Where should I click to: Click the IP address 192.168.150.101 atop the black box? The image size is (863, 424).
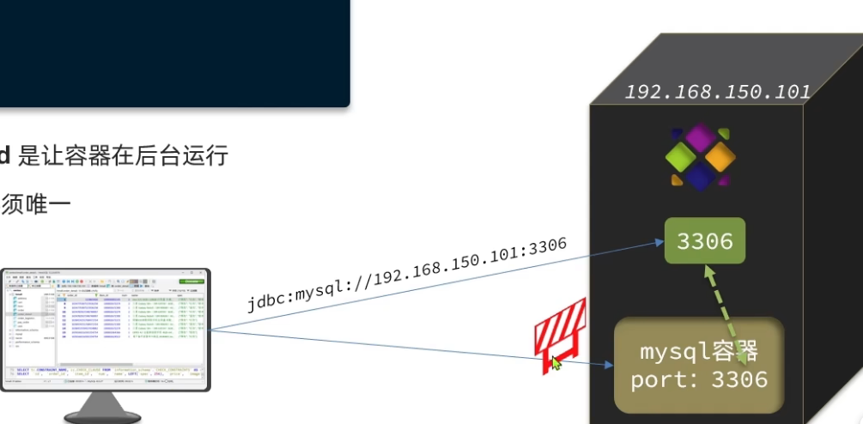[x=717, y=92]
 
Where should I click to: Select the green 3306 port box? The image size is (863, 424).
[x=704, y=241]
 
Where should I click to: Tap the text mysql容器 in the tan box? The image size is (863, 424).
[x=699, y=352]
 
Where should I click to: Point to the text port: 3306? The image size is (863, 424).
[x=699, y=379]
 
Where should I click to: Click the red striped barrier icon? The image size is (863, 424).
[x=559, y=331]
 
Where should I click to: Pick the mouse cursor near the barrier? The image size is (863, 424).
[x=556, y=363]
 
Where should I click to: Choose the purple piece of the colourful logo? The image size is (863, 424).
[x=701, y=138]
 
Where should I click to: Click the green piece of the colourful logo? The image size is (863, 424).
[x=681, y=157]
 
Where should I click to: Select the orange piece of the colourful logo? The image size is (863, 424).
[x=720, y=156]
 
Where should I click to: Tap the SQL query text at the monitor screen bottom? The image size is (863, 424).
[x=103, y=373]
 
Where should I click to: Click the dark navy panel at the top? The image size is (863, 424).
[x=172, y=51]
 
